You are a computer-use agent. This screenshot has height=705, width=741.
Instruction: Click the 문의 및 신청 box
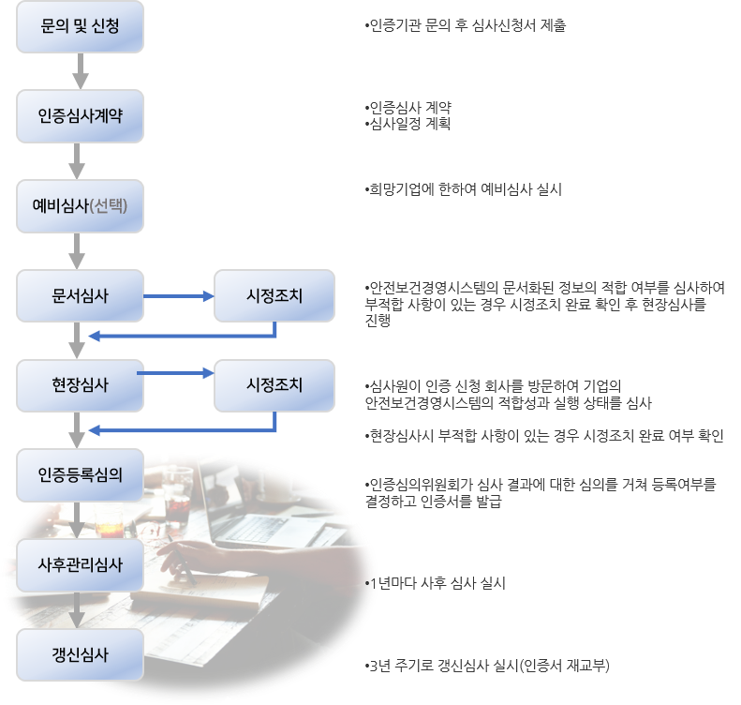(81, 27)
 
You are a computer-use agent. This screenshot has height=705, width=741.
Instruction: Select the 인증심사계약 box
(81, 116)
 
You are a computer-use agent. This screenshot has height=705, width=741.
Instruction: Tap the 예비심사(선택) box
(81, 206)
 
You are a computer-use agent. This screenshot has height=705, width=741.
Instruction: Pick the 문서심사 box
(81, 296)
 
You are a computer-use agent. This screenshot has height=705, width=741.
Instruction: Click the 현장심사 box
(81, 385)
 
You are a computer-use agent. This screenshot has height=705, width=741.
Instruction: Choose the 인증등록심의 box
(81, 474)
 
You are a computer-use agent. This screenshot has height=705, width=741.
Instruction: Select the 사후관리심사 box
(81, 564)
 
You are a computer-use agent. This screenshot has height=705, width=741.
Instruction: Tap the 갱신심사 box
(81, 653)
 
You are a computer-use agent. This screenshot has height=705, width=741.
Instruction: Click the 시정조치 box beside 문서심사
(274, 296)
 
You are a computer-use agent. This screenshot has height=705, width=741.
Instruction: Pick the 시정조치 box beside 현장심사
(274, 385)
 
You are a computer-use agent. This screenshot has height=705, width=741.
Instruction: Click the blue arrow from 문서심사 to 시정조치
(178, 296)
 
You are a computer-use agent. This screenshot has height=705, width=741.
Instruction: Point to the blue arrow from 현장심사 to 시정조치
(178, 374)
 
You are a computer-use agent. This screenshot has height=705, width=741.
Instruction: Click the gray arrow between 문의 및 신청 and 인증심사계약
(81, 71)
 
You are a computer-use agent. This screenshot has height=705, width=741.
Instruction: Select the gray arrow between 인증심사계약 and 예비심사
(81, 161)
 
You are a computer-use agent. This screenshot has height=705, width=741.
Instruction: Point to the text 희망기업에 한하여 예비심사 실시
(463, 189)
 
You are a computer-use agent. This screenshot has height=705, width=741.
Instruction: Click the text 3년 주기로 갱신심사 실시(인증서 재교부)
(488, 667)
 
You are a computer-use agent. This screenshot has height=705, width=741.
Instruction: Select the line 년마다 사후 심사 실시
(440, 583)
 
